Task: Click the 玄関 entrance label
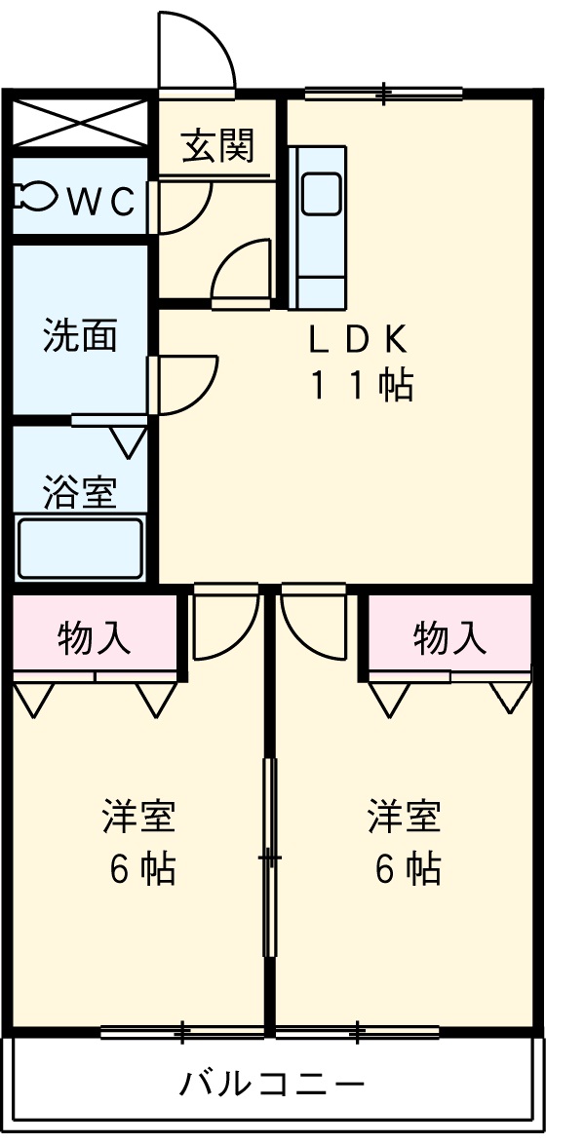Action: (x=218, y=146)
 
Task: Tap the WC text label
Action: (x=99, y=201)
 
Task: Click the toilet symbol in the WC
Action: (x=34, y=198)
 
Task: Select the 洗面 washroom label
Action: (x=80, y=335)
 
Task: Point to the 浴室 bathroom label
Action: (x=80, y=493)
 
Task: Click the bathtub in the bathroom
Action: (x=80, y=548)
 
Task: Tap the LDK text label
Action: (x=357, y=338)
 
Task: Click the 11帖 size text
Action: (x=362, y=386)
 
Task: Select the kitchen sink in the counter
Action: (x=321, y=193)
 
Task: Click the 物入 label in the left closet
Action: (x=94, y=637)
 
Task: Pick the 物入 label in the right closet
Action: (x=449, y=637)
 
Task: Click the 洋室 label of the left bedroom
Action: (x=139, y=817)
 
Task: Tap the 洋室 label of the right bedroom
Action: (x=405, y=817)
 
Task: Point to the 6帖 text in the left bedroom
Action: (x=142, y=867)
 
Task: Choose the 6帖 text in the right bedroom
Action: (x=408, y=867)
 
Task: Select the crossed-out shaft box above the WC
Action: (x=80, y=121)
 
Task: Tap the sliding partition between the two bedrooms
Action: (x=269, y=858)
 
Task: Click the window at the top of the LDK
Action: (x=383, y=95)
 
